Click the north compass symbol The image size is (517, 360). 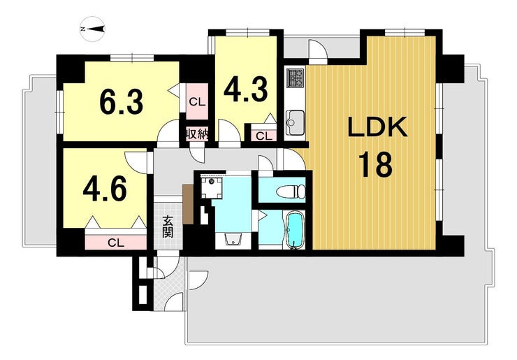click(93, 29)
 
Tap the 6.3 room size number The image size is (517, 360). click(122, 103)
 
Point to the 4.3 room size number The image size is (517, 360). click(245, 89)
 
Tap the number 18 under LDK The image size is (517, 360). click(377, 164)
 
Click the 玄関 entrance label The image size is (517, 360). click(168, 227)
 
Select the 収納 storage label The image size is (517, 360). click(196, 134)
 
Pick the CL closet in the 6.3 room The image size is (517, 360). click(197, 101)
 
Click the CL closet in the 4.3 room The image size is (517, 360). click(264, 136)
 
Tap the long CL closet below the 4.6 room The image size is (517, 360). click(116, 243)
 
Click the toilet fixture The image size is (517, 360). click(292, 191)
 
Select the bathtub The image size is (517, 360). click(294, 230)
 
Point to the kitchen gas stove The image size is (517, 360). click(294, 78)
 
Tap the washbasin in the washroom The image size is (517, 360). click(233, 239)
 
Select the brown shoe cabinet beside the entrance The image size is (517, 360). click(188, 204)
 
